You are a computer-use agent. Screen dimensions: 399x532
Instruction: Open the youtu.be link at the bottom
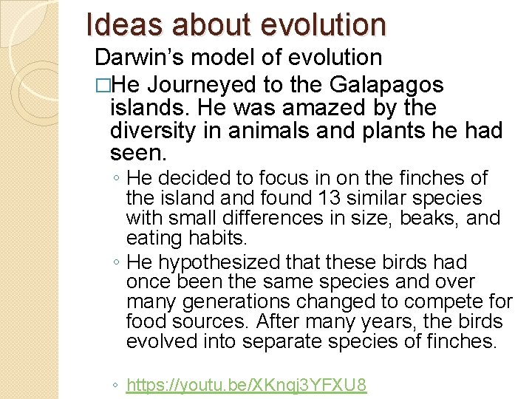[x=246, y=386]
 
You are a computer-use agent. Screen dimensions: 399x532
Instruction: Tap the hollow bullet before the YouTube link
[x=117, y=386]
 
